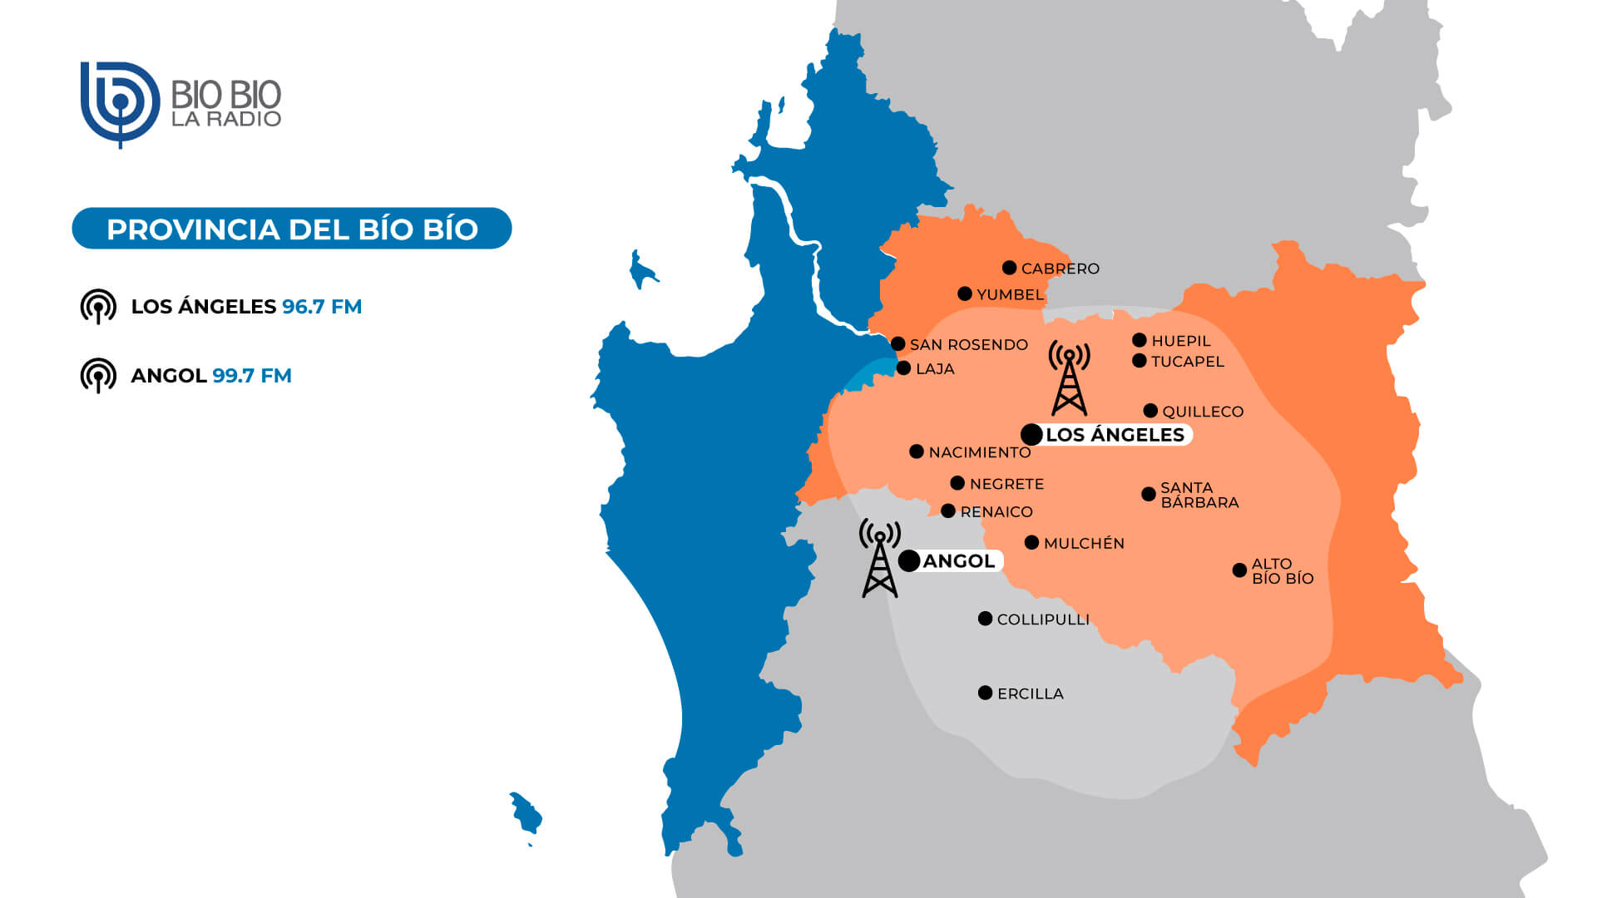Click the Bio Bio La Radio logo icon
coord(120,103)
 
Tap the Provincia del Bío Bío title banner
coord(292,229)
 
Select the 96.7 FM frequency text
coord(322,307)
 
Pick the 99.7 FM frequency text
coord(252,376)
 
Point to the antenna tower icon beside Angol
coord(879,559)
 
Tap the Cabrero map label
coord(1060,269)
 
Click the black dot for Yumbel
coord(965,294)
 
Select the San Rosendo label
coord(968,344)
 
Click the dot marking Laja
coord(904,368)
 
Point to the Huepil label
coord(1180,341)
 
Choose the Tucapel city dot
coord(1140,361)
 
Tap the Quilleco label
coord(1203,412)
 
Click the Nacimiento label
coord(979,452)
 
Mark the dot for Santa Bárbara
coord(1149,494)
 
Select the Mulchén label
coord(1084,543)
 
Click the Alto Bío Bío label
coord(1282,571)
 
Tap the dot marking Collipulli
coord(985,619)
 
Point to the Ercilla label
coord(1030,693)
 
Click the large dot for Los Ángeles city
coord(1031,434)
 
